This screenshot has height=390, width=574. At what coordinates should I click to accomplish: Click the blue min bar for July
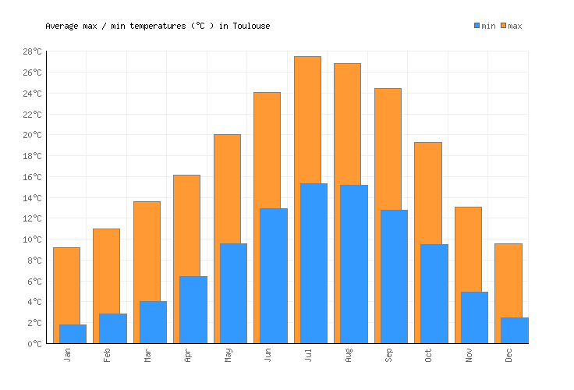pyautogui.click(x=314, y=264)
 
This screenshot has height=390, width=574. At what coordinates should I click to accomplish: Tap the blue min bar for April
pyautogui.click(x=193, y=310)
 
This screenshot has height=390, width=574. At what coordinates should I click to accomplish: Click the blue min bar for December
pyautogui.click(x=515, y=330)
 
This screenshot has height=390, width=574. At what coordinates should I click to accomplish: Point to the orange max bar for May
pyautogui.click(x=227, y=188)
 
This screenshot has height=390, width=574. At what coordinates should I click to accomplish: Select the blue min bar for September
pyautogui.click(x=394, y=276)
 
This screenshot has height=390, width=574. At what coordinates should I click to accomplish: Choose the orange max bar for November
pyautogui.click(x=468, y=250)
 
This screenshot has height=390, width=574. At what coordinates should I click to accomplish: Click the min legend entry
pyautogui.click(x=484, y=27)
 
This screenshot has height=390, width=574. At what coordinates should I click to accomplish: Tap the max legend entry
pyautogui.click(x=512, y=27)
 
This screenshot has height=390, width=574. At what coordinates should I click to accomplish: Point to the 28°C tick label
pyautogui.click(x=32, y=52)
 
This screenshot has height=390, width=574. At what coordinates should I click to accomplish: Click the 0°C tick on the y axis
pyautogui.click(x=35, y=344)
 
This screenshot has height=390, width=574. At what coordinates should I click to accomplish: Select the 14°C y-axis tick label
pyautogui.click(x=32, y=198)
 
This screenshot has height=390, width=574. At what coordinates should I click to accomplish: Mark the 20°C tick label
pyautogui.click(x=32, y=136)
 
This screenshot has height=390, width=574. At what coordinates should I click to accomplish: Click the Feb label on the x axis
pyautogui.click(x=108, y=355)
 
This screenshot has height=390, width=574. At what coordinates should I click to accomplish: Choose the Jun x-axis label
pyautogui.click(x=268, y=355)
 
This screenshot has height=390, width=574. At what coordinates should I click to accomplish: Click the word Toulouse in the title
pyautogui.click(x=251, y=27)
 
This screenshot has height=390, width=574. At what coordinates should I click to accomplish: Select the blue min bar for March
pyautogui.click(x=153, y=322)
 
